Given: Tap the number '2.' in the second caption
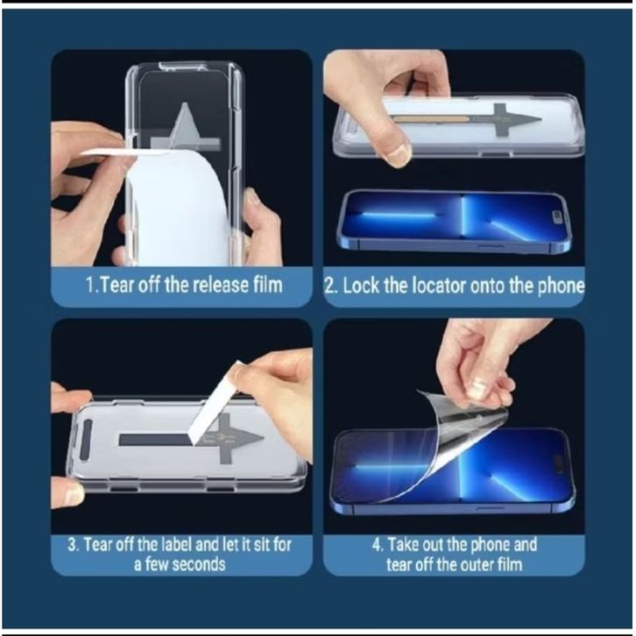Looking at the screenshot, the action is coord(331,286).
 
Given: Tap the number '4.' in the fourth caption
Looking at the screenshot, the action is coord(378,545).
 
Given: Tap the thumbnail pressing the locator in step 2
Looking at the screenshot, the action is coord(397,155).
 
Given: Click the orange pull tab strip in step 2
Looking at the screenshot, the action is coord(431,119).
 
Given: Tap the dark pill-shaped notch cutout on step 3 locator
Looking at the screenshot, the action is coord(86,440).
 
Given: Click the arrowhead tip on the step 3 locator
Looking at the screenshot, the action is coord(264,439).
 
